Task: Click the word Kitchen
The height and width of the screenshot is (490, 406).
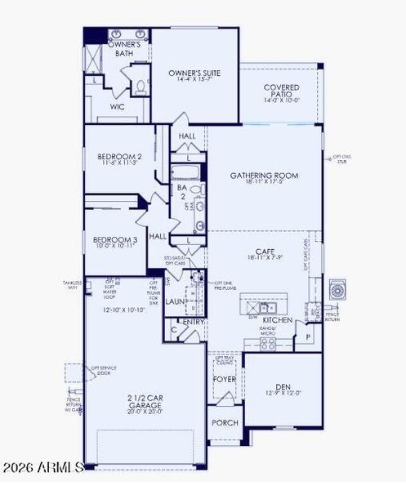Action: [x=278, y=321]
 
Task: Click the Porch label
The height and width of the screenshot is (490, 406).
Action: [x=223, y=422]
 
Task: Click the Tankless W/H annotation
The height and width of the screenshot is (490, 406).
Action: [x=72, y=284]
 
